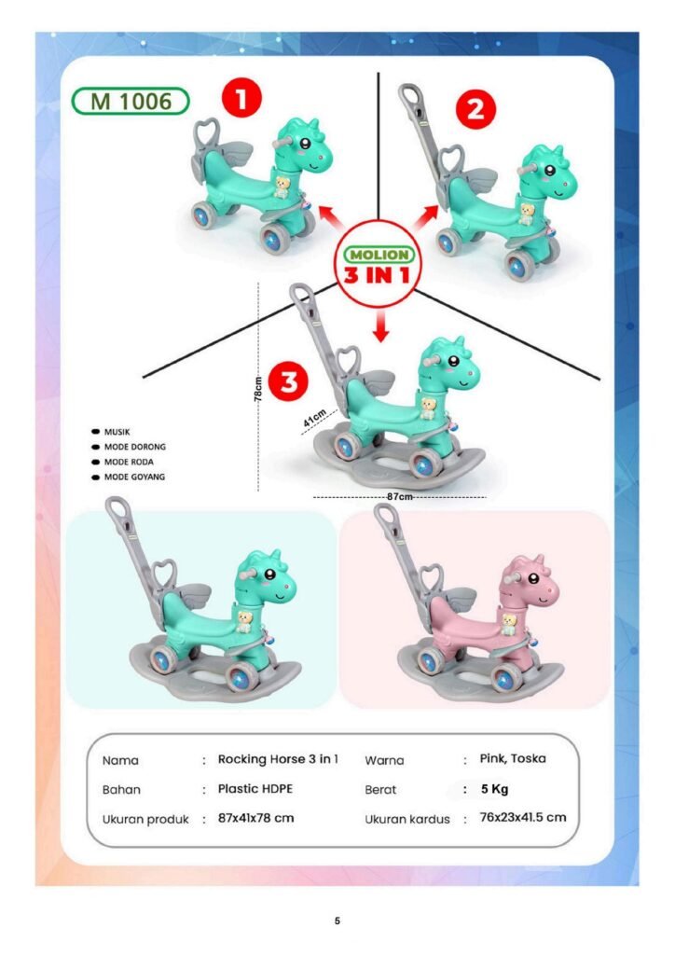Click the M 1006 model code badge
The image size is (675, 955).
(x=131, y=101)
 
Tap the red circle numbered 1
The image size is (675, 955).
(x=241, y=98)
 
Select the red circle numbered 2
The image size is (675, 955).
(x=476, y=109)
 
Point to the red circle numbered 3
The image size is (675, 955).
(x=288, y=381)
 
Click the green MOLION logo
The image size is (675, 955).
(x=379, y=255)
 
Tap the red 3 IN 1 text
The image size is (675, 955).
(x=377, y=275)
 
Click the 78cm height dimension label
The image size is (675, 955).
(x=258, y=389)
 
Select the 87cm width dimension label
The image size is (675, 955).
(x=400, y=496)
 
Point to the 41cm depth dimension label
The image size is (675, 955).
(x=315, y=417)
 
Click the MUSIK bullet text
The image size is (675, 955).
(x=117, y=432)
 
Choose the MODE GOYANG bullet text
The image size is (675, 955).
(x=134, y=477)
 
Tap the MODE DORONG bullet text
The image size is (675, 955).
(x=135, y=447)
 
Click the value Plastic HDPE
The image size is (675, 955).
(x=255, y=789)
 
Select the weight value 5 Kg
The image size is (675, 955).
(x=494, y=789)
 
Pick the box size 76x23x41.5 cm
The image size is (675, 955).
(x=523, y=817)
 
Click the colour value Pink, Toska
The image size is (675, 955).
(x=513, y=759)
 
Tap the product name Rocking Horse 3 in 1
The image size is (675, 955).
(x=278, y=759)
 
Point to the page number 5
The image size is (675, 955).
(x=337, y=920)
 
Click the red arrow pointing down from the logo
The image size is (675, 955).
(x=381, y=325)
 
